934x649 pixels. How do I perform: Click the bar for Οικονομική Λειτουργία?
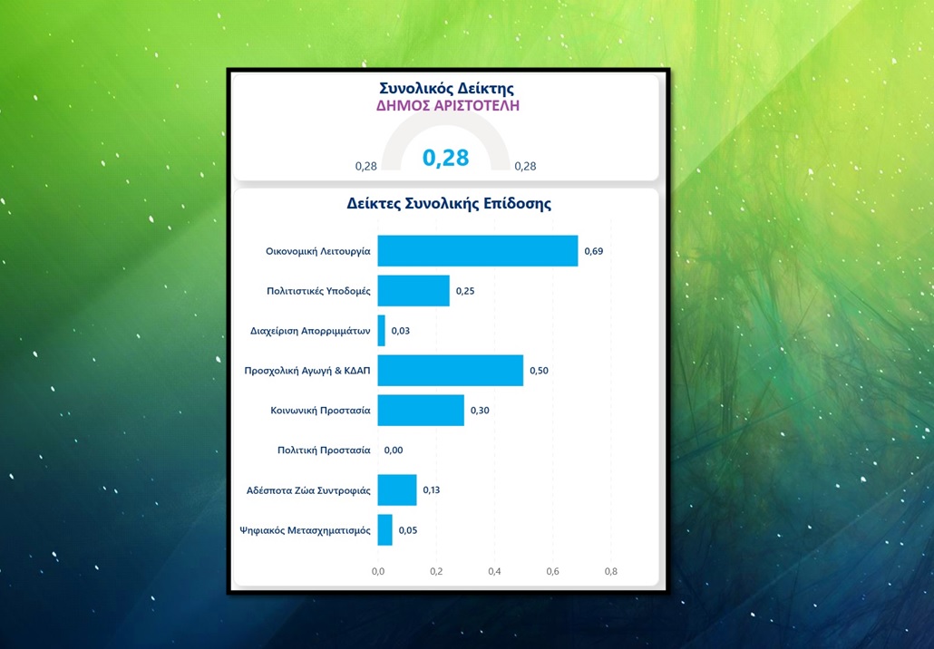tap(477, 251)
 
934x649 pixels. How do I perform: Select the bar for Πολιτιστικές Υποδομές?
tap(413, 291)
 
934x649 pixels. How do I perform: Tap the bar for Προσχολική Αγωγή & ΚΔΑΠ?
tap(450, 371)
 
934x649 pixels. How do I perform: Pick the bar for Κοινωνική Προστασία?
tap(421, 411)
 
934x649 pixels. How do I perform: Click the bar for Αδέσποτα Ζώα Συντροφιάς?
tap(397, 490)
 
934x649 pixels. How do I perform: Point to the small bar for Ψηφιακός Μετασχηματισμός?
tap(385, 530)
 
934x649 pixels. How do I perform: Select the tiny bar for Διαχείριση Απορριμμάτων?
tap(382, 331)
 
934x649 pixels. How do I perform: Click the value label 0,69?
tap(593, 251)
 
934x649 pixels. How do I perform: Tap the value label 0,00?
tap(394, 450)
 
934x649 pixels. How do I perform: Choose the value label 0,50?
tap(539, 371)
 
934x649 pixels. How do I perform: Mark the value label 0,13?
tap(432, 490)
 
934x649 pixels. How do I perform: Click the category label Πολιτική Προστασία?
tap(324, 450)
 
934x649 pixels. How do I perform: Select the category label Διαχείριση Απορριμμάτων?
tap(310, 331)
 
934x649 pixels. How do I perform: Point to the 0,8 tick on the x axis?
tap(610, 572)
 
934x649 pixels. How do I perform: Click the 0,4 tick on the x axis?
tap(494, 572)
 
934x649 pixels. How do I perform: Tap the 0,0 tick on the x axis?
tap(378, 572)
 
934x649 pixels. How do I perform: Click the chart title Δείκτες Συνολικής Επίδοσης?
tap(449, 204)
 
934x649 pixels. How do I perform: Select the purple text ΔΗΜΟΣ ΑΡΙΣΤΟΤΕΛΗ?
tap(448, 106)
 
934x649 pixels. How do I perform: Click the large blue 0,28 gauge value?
tap(446, 158)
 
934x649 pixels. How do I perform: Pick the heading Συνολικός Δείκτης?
tap(446, 89)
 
